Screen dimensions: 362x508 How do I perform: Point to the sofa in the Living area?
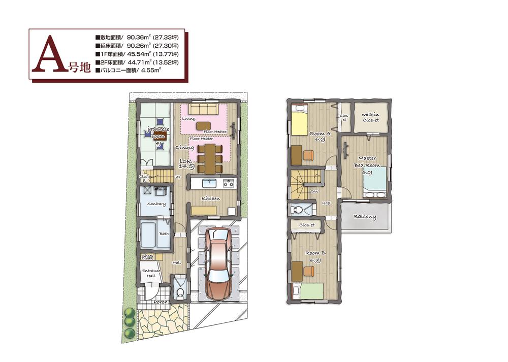(x=203, y=109)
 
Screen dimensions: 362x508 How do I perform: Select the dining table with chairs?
(x=208, y=157)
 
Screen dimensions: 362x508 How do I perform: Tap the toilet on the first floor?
(x=179, y=287)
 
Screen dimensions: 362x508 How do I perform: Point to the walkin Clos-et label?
(x=370, y=118)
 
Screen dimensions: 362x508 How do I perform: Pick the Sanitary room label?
(x=156, y=204)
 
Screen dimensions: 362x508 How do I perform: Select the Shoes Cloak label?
(x=148, y=256)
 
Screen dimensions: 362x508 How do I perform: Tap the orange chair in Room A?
(x=308, y=153)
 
